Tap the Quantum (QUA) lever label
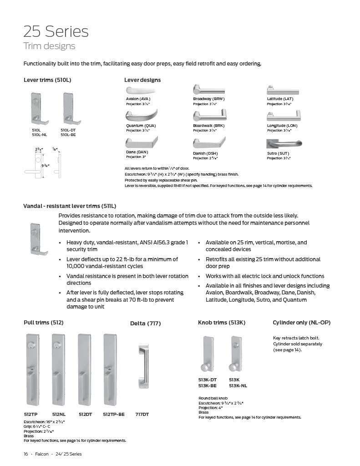point(138,126)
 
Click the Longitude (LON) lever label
point(282,126)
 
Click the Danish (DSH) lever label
point(205,153)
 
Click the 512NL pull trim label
point(59,414)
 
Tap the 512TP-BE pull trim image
point(110,370)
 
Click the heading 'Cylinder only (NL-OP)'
point(301,323)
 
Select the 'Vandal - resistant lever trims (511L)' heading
point(70,206)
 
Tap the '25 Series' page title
point(56,31)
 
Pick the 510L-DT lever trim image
point(68,109)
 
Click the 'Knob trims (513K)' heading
point(222,323)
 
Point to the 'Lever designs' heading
point(142,80)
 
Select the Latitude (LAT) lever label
point(280,99)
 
